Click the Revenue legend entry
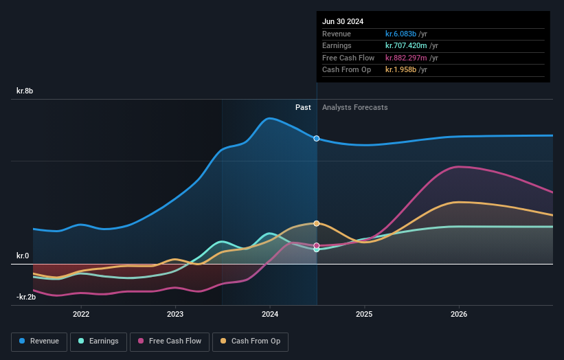(x=39, y=341)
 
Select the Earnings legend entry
(x=98, y=341)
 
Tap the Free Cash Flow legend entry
(x=169, y=341)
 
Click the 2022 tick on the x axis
(x=81, y=314)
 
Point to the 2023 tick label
(x=175, y=314)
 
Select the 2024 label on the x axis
(x=270, y=314)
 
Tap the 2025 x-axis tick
(x=364, y=314)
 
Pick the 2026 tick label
(x=459, y=314)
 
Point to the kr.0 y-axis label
(x=23, y=256)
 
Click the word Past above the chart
(x=303, y=107)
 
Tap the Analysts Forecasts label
(x=354, y=107)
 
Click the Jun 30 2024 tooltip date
(x=343, y=21)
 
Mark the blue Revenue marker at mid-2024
(x=317, y=138)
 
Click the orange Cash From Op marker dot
(x=317, y=223)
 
